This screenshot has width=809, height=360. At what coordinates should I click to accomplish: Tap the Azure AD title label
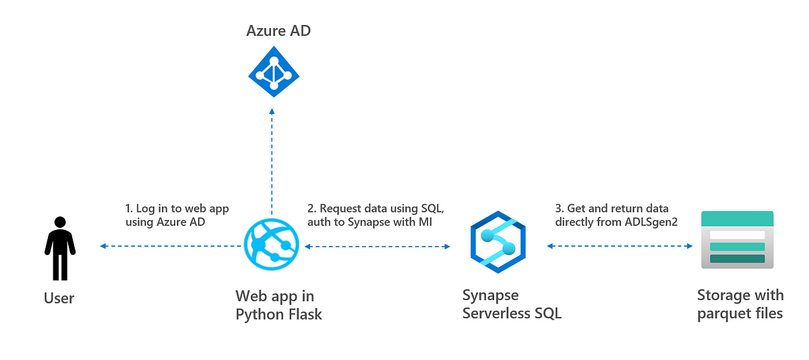click(278, 30)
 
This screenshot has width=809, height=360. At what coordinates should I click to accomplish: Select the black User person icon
click(60, 248)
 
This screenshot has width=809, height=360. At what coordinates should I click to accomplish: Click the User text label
click(59, 298)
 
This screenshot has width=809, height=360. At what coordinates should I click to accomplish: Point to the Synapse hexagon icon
click(498, 242)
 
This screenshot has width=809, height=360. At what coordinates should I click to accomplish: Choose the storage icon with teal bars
click(737, 240)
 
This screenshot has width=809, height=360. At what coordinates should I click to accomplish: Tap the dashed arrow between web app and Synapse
click(378, 247)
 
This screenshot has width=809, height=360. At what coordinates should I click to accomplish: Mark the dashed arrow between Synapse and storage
click(620, 246)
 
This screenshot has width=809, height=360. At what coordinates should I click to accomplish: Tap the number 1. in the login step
click(129, 208)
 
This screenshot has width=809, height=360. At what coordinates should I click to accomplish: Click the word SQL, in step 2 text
click(431, 208)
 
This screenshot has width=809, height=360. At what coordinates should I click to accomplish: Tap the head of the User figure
click(60, 222)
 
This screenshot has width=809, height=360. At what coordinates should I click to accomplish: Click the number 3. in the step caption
click(559, 208)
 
